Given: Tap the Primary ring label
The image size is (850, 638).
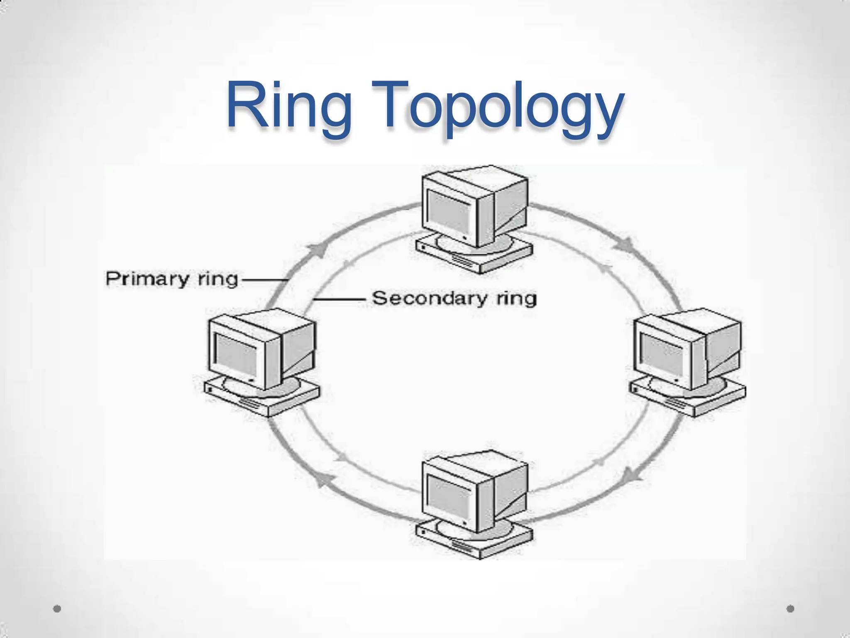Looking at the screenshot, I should coord(172,279).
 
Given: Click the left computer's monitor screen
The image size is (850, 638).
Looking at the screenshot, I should coord(236,355).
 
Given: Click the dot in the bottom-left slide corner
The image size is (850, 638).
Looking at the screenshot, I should coord(57,609).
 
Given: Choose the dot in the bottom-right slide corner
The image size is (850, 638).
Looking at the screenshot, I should coord(790,609).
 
